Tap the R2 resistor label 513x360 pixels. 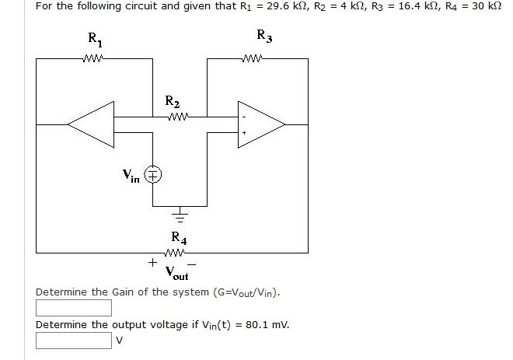pos(173,102)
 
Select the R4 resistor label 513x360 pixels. pos(178,238)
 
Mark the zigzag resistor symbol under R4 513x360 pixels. pos(176,252)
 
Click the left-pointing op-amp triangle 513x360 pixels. pos(92,123)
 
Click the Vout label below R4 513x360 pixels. pos(177,272)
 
